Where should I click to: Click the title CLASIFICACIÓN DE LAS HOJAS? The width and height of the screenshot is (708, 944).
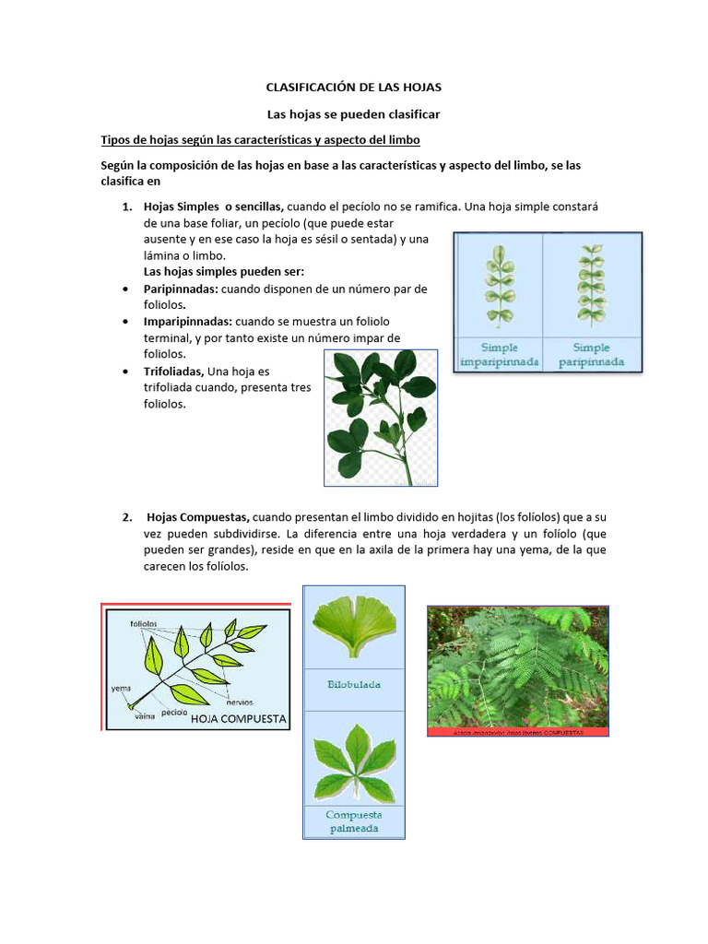pyautogui.click(x=354, y=87)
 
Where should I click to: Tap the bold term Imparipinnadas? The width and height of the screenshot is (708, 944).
pyautogui.click(x=189, y=322)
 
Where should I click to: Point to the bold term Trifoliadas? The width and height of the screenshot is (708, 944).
pyautogui.click(x=175, y=372)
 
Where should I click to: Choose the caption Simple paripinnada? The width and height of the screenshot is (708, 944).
pyautogui.click(x=592, y=355)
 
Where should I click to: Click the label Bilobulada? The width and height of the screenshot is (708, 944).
pyautogui.click(x=354, y=685)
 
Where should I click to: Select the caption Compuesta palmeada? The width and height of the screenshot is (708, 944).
pyautogui.click(x=354, y=821)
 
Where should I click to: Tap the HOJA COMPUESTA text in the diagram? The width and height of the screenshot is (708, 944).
pyautogui.click(x=240, y=718)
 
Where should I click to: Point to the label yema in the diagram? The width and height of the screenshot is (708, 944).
pyautogui.click(x=120, y=688)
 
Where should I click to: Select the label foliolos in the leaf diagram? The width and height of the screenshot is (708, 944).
pyautogui.click(x=144, y=623)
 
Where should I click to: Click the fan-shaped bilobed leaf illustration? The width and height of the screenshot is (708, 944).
pyautogui.click(x=354, y=626)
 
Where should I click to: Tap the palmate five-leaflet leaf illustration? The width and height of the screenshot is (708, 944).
pyautogui.click(x=354, y=760)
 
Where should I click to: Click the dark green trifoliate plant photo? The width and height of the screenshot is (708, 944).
pyautogui.click(x=381, y=417)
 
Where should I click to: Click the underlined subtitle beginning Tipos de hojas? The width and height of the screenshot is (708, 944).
pyautogui.click(x=260, y=139)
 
